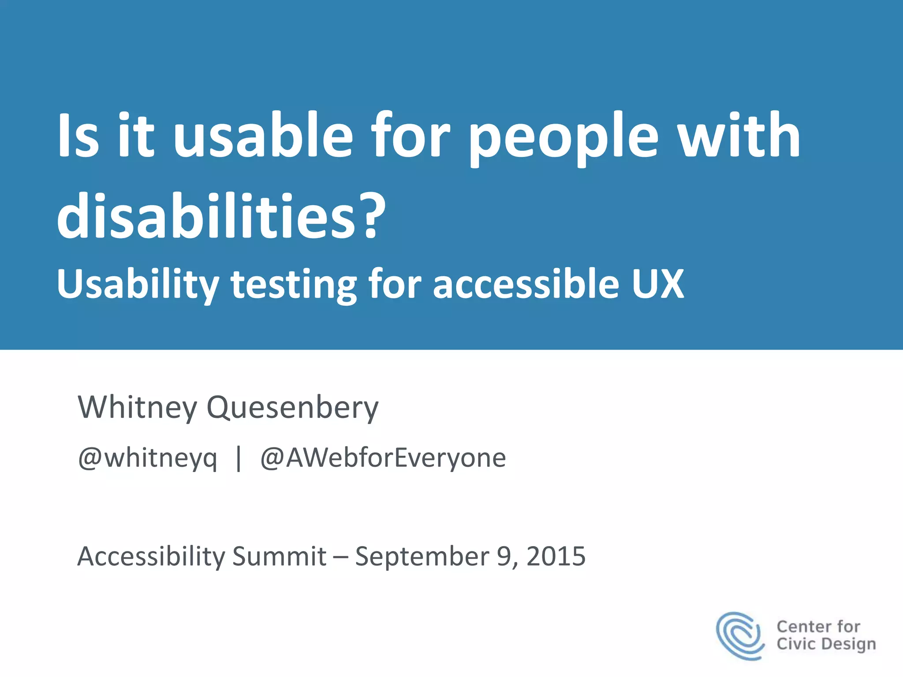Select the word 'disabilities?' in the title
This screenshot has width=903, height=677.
(x=221, y=217)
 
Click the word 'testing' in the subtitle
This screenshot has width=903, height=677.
(x=294, y=285)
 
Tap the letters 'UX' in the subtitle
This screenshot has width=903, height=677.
(x=657, y=284)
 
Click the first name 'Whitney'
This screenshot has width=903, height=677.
(x=138, y=408)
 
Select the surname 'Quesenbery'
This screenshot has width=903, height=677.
(x=292, y=408)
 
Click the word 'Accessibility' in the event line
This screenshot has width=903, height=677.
(x=151, y=556)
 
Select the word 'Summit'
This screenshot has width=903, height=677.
(x=279, y=556)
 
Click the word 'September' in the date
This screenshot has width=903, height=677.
(x=422, y=556)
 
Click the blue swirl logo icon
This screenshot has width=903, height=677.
(x=740, y=635)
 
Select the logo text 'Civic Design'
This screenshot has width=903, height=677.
(x=826, y=644)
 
